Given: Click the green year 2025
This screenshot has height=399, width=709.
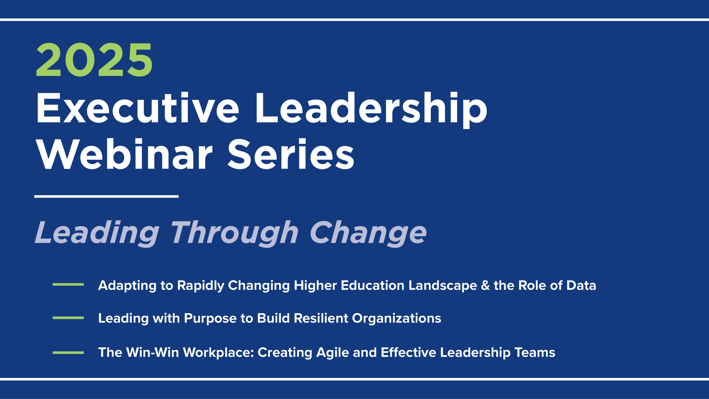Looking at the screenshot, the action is tap(94, 60).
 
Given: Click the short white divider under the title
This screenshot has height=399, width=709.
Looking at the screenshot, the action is tap(106, 197).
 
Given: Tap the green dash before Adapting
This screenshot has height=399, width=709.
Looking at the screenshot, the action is tap(68, 284).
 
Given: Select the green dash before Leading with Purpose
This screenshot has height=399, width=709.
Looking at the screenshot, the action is tap(68, 318).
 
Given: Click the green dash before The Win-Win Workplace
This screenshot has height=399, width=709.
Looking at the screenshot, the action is tap(68, 352).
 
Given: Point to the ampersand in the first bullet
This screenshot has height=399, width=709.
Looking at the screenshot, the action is tap(485, 286).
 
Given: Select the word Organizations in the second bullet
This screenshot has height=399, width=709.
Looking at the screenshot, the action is tap(397, 319).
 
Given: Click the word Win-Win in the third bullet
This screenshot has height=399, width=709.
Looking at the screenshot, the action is tap(153, 352).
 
